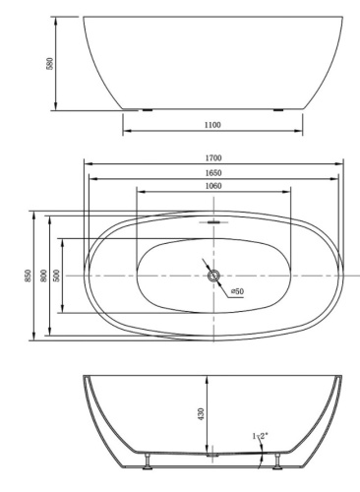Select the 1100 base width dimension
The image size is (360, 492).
coord(213,125)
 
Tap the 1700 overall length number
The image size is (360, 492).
coord(213,157)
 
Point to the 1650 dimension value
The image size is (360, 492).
coord(213,172)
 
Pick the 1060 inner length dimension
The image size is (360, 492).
coord(213,187)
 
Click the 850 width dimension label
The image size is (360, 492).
coord(29,277)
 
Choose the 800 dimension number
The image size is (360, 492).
coord(43,277)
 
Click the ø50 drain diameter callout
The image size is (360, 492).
coord(237,291)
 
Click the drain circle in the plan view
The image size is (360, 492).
coord(213,277)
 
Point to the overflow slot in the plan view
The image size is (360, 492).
coord(213,222)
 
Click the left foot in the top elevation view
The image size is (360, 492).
coord(148,109)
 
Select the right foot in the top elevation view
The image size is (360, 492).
coord(279,109)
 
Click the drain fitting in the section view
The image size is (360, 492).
coord(211,455)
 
